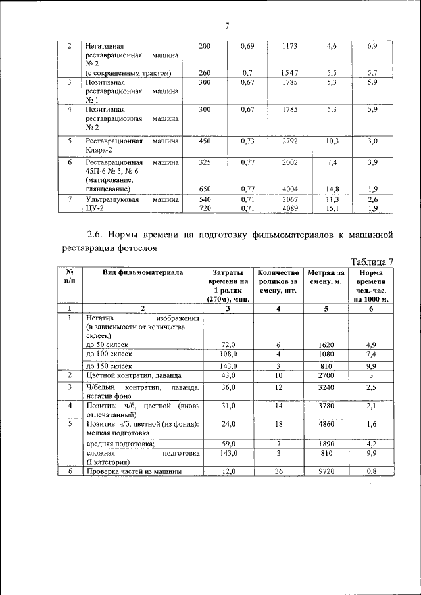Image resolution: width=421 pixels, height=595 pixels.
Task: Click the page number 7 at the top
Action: pos(226,26)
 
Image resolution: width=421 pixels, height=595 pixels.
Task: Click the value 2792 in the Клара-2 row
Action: pos(289,141)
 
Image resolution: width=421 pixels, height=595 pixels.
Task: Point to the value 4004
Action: pos(289,188)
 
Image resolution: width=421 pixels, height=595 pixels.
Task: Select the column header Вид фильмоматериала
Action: pos(143,272)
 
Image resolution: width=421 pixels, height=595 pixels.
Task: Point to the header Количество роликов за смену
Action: pos(279,281)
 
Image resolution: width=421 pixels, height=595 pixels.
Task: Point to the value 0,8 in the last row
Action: pos(372,472)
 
